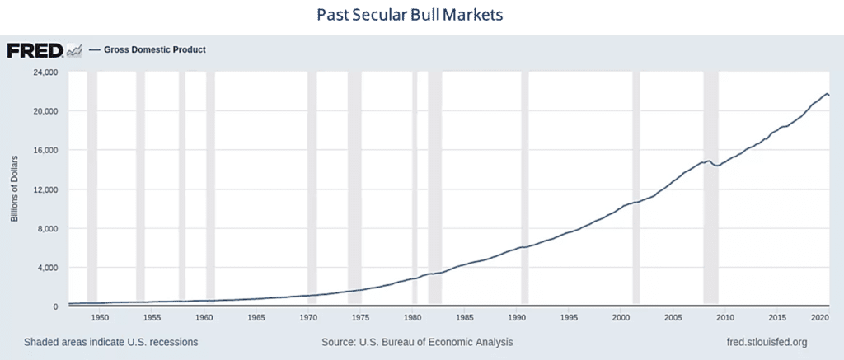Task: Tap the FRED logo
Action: click(x=35, y=50)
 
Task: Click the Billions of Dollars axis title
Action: click(x=14, y=189)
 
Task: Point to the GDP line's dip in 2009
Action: click(x=717, y=166)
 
